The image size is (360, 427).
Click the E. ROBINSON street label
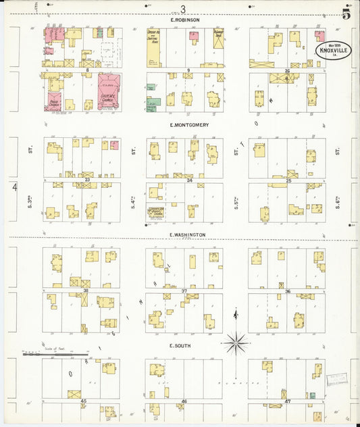(x=184, y=20)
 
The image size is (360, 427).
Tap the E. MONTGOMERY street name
(x=184, y=126)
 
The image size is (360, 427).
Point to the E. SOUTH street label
(x=178, y=345)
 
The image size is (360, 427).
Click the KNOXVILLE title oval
(x=334, y=51)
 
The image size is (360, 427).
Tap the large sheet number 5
(x=346, y=12)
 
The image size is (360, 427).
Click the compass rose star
(x=236, y=343)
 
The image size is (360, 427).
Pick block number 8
(x=87, y=70)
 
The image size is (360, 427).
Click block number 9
(x=188, y=70)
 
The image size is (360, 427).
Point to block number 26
(x=287, y=70)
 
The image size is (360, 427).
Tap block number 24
(x=190, y=180)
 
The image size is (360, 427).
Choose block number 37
(x=184, y=291)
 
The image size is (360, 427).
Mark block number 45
(x=84, y=401)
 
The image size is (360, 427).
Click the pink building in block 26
(x=320, y=36)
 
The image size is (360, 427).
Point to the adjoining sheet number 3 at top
(x=182, y=9)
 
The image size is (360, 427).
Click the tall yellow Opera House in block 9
(x=154, y=47)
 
